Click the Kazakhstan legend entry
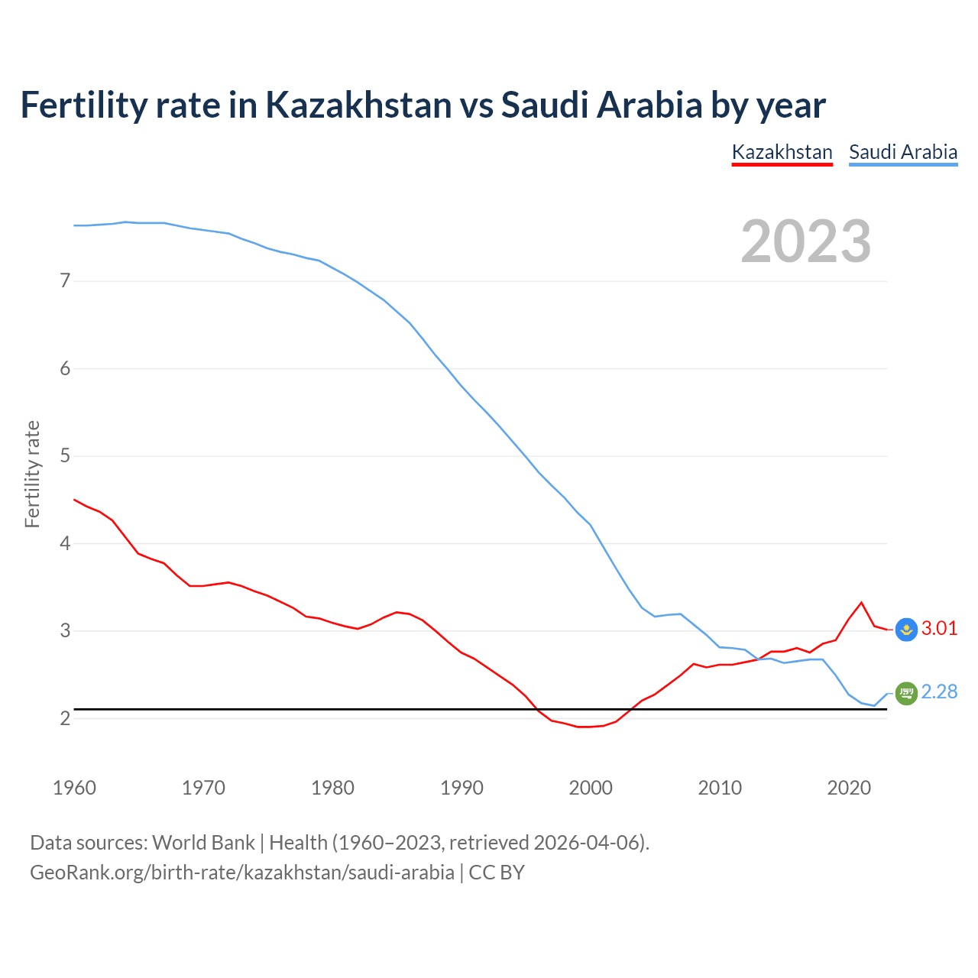coord(782,152)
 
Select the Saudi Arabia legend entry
coord(903,152)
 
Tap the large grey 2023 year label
coord(806,241)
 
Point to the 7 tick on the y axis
coord(65,281)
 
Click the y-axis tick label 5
coord(65,456)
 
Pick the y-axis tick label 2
coord(65,719)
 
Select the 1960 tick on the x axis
coord(74,788)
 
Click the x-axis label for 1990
coord(461,788)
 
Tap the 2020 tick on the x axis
coord(849,788)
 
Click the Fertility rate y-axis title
coord(32,474)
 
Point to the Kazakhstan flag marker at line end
coord(906,630)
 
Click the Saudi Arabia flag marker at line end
coord(906,693)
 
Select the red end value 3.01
coord(939,629)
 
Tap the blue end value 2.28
coord(939,692)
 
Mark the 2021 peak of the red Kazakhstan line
coord(862,603)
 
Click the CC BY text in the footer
coord(497,873)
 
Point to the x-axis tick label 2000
coord(591,788)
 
